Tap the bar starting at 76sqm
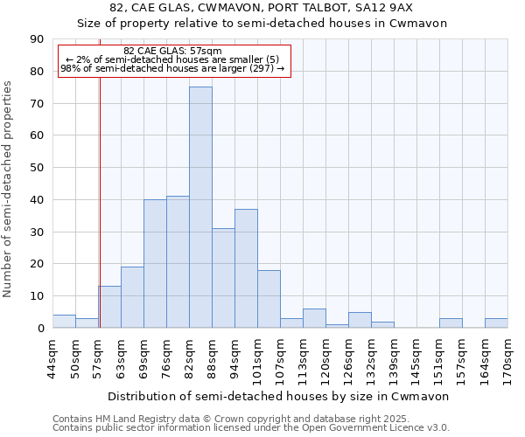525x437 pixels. tap(178, 262)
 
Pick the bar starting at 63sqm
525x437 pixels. tap(132, 297)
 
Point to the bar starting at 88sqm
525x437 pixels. tap(223, 278)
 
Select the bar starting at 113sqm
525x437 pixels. tap(314, 318)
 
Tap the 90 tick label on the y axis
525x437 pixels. tap(36, 39)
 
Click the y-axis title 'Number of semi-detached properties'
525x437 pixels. tap(9, 189)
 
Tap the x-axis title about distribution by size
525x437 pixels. tap(278, 396)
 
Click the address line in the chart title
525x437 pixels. tap(262, 8)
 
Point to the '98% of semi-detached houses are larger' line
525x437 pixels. tap(172, 68)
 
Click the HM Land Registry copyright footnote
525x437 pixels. tap(225, 419)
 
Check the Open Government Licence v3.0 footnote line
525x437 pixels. tap(251, 427)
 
